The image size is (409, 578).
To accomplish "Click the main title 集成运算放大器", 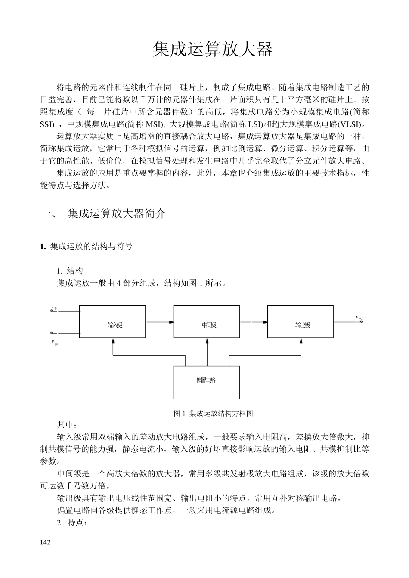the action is coord(213,50).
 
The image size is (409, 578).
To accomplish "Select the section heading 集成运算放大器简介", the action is coord(116,213).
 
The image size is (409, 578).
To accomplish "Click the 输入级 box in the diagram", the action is coord(113,322).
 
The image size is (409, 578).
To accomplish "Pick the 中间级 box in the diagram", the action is coord(207,322).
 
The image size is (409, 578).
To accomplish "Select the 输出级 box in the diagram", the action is coord(301,322).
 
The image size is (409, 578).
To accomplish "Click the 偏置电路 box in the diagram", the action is coord(207,382).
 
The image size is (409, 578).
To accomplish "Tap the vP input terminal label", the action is coord(54,308).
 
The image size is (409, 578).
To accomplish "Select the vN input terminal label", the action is coord(54,343).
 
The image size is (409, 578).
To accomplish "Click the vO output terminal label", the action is coord(359,318).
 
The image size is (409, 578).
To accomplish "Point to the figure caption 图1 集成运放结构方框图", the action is coord(213,414).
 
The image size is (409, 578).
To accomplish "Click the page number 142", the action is coord(45,542).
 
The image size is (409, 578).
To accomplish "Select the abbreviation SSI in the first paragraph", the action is coord(46,125).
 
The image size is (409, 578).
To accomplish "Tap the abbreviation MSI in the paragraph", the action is coord(154,125).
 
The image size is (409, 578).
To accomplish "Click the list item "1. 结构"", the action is coord(70,271).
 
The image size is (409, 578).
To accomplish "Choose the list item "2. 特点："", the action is coord(72,523).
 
